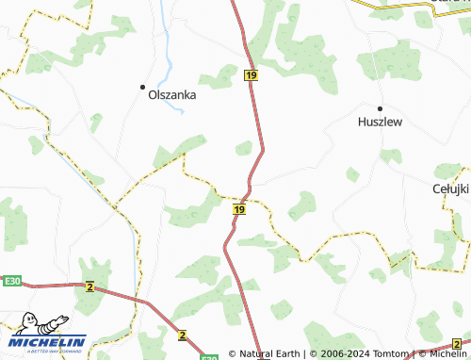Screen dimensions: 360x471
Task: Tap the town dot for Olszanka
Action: (143, 86)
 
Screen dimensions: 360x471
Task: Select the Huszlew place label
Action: (381, 122)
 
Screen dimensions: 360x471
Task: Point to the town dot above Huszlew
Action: (381, 107)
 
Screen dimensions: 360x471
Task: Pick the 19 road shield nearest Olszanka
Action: (250, 74)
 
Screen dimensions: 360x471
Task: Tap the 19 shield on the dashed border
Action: (239, 209)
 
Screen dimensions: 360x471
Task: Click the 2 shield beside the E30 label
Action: (89, 286)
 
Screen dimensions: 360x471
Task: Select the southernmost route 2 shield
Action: (182, 334)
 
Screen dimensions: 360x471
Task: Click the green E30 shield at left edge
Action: (11, 281)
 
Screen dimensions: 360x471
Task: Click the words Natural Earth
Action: (269, 354)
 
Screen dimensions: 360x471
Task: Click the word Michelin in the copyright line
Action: (447, 354)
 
